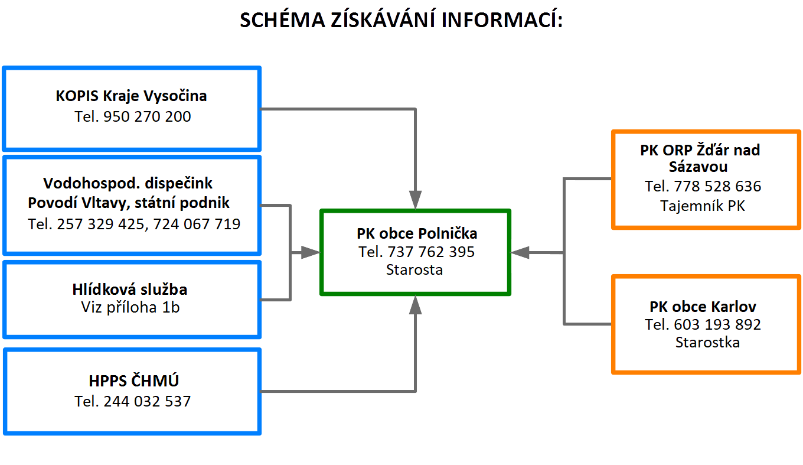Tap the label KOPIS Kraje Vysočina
[131, 96]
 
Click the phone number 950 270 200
[148, 116]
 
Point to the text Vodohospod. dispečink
[128, 184]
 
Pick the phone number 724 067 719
[197, 225]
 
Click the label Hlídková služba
[130, 289]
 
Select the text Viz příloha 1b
[130, 308]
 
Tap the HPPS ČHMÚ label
[133, 381]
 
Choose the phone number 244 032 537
[148, 402]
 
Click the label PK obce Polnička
[417, 233]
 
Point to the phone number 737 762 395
[431, 252]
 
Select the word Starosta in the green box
[414, 270]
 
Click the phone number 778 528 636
[717, 186]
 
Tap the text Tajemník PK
[703, 206]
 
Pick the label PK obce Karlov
[703, 307]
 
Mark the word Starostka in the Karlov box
[707, 343]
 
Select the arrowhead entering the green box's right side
[520, 253]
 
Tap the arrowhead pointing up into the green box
[415, 305]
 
